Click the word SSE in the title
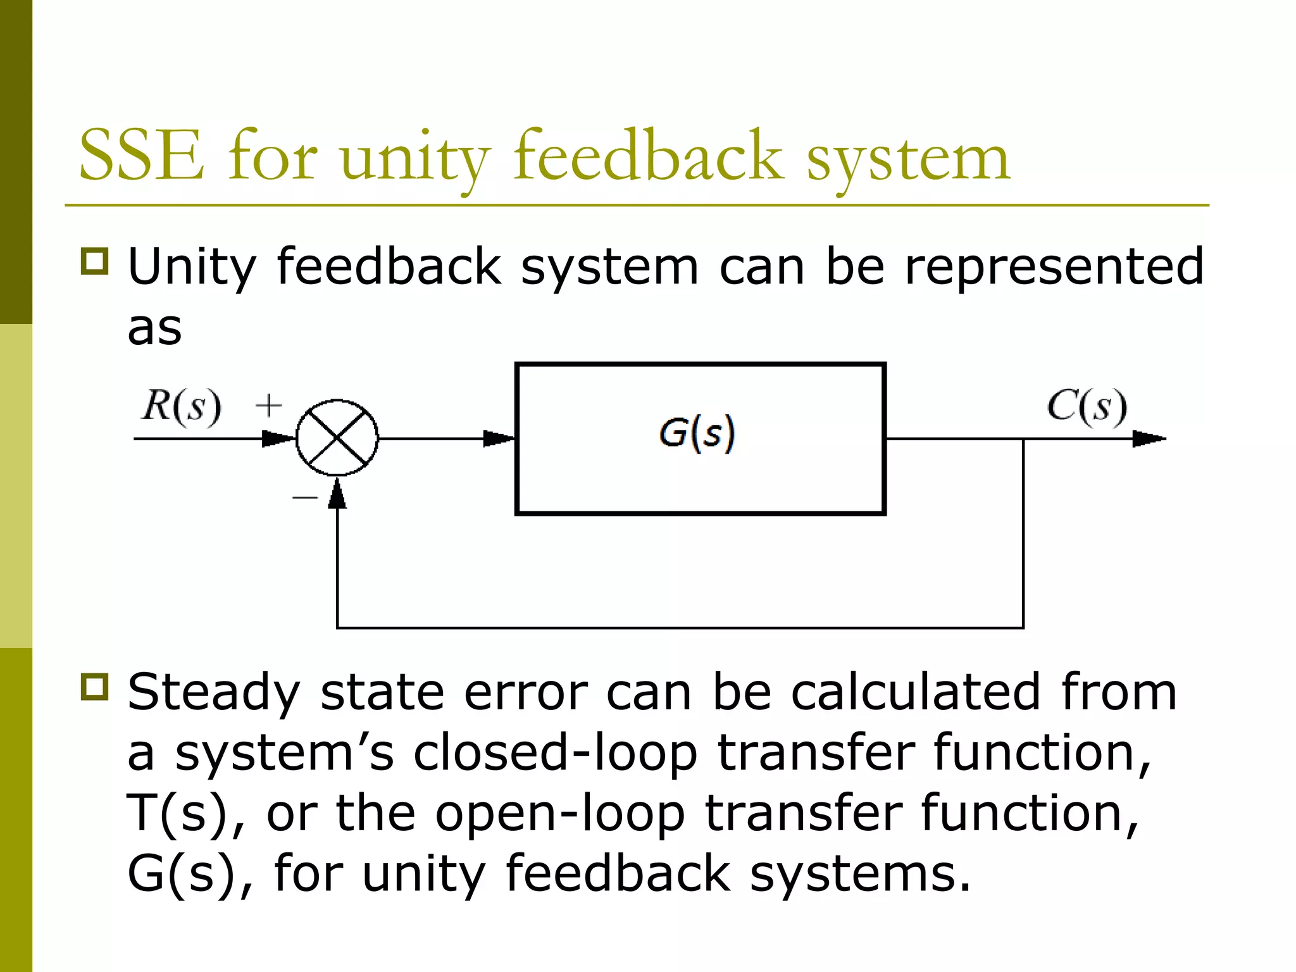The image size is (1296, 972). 142,156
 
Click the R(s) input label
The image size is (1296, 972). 182,406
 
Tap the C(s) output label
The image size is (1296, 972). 1087,407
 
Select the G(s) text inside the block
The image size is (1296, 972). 697,434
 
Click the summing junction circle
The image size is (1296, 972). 337,438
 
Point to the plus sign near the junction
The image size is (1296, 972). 269,406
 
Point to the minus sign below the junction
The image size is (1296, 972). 304,498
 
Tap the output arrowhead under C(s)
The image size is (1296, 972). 1148,439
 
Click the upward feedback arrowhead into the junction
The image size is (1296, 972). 337,494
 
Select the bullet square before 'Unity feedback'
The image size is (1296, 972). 95,261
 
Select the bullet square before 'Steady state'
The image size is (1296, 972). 95,687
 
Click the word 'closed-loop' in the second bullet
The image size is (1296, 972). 555,753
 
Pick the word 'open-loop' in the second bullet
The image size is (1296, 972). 560,814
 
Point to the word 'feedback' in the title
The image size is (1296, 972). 649,156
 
